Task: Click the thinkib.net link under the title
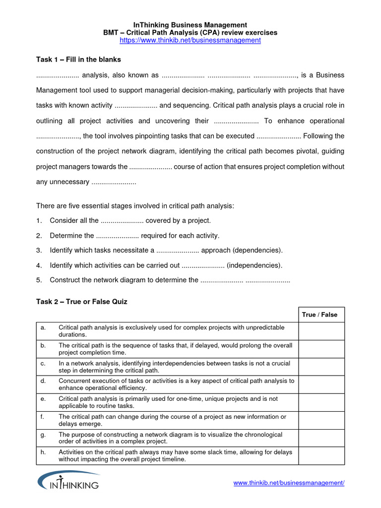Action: tap(190, 40)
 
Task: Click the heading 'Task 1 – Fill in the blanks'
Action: tap(78, 60)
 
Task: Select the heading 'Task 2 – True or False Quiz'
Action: tap(82, 302)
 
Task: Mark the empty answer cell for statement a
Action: tap(321, 331)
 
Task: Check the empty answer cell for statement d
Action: tap(321, 384)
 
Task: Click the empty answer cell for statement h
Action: tap(321, 456)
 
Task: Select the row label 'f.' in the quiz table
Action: tap(43, 417)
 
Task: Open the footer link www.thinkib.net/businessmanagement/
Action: tap(289, 483)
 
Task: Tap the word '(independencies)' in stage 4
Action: tap(254, 265)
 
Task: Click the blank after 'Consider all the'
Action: tap(122, 221)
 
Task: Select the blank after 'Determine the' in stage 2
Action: tap(117, 236)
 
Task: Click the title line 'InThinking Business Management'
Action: tap(190, 25)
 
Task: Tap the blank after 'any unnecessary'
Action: tap(114, 182)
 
